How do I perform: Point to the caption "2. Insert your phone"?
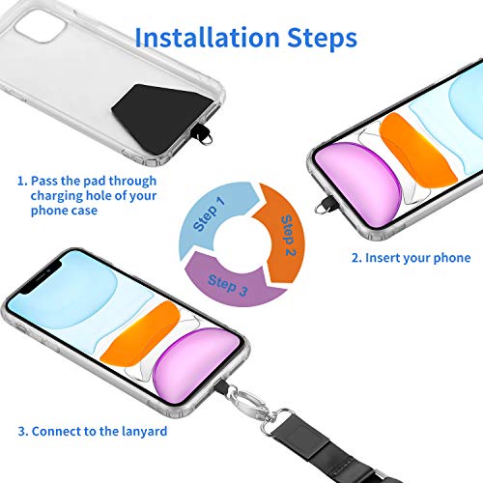(410, 258)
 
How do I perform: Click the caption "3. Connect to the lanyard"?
(93, 431)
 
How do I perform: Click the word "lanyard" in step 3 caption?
(141, 431)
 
